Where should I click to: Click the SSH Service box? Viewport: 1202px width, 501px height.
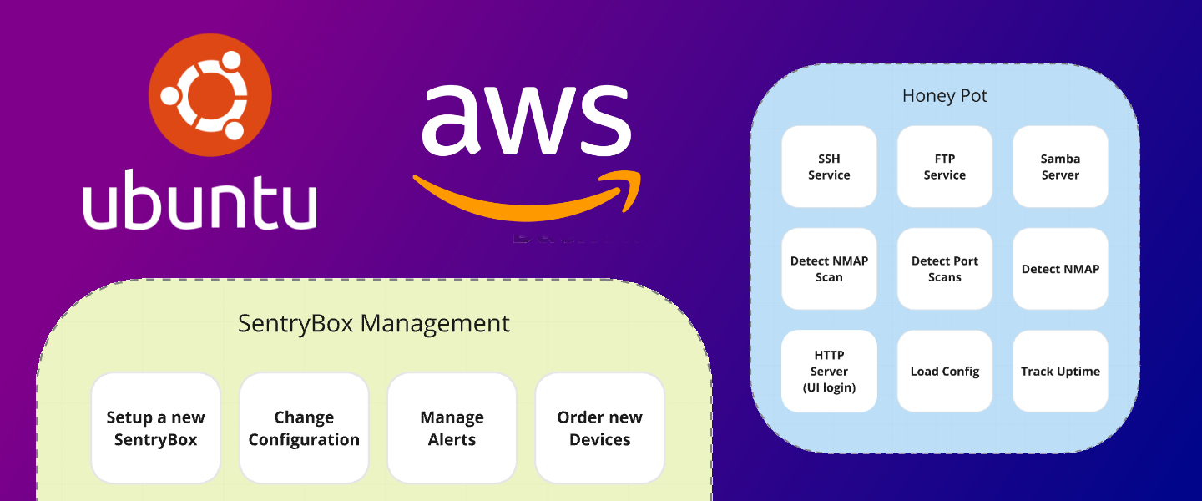[829, 167]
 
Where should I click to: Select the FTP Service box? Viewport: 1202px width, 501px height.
[945, 167]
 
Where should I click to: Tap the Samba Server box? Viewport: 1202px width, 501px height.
[1060, 167]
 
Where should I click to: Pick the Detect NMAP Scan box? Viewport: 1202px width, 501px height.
[829, 269]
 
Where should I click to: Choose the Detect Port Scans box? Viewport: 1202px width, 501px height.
[945, 269]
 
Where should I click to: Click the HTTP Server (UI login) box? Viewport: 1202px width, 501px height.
[829, 372]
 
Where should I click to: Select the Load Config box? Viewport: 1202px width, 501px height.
[945, 372]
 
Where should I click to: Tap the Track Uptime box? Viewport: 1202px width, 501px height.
[1060, 372]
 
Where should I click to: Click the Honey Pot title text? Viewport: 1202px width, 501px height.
[945, 96]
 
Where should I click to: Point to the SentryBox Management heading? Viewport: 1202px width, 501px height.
[374, 324]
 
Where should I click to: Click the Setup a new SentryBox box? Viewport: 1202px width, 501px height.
[155, 428]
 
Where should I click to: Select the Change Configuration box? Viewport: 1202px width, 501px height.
[304, 428]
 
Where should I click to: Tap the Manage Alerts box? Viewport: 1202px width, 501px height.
[452, 428]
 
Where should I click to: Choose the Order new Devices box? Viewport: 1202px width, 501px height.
[599, 428]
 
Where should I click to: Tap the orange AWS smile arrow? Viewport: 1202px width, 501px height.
[518, 205]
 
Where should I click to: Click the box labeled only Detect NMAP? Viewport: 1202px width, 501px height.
[1060, 269]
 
